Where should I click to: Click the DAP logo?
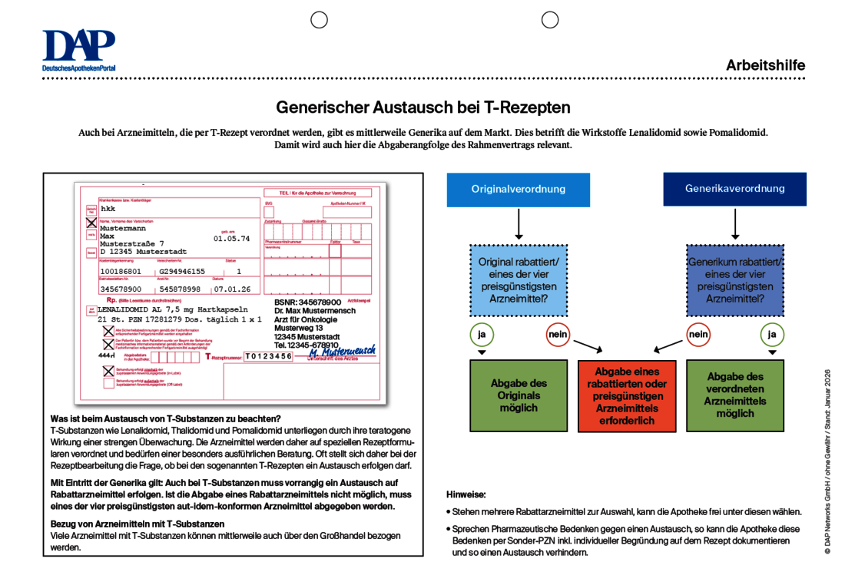click(x=78, y=51)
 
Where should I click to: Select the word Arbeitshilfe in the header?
click(x=765, y=65)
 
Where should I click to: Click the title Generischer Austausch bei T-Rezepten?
click(x=422, y=107)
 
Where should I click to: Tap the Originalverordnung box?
click(x=518, y=190)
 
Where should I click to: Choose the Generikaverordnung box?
click(x=734, y=189)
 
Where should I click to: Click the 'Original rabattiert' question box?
click(x=518, y=280)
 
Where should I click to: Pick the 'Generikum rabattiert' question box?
click(x=734, y=280)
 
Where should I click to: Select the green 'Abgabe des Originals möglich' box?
click(x=518, y=395)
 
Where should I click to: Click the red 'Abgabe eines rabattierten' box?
click(x=626, y=396)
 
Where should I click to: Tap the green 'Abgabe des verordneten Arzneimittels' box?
click(x=734, y=395)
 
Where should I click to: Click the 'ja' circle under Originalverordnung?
click(x=482, y=335)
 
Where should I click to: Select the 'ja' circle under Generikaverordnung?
click(x=772, y=335)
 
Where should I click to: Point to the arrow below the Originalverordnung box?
click(x=518, y=224)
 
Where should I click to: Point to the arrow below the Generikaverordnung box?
click(x=735, y=224)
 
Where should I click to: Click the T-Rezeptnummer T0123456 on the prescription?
click(x=269, y=356)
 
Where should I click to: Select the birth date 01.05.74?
click(x=231, y=239)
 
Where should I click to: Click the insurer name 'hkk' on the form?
click(x=108, y=208)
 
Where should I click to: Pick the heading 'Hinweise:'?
click(x=466, y=494)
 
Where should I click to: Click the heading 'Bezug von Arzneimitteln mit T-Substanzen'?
click(x=137, y=524)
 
